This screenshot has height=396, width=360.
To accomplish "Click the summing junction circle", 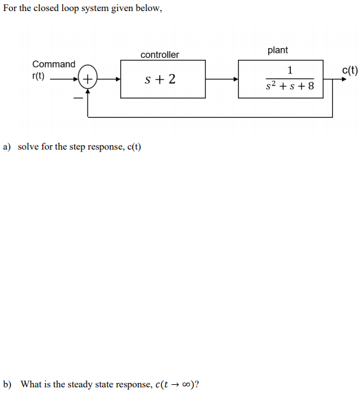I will pyautogui.click(x=88, y=79).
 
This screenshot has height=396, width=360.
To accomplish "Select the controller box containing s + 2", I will pyautogui.click(x=163, y=79).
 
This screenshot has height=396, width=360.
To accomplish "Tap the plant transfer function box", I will pyautogui.click(x=281, y=78).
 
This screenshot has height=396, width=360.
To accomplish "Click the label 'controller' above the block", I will pyautogui.click(x=160, y=55).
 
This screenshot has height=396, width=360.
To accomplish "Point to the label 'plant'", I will pyautogui.click(x=277, y=50).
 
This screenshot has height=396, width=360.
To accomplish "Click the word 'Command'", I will pyautogui.click(x=54, y=64).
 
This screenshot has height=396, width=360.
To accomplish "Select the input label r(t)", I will pyautogui.click(x=40, y=76).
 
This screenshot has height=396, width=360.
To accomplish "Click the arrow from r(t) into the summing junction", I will pyautogui.click(x=64, y=79).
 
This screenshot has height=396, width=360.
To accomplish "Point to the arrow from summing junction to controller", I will pyautogui.click(x=109, y=79).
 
